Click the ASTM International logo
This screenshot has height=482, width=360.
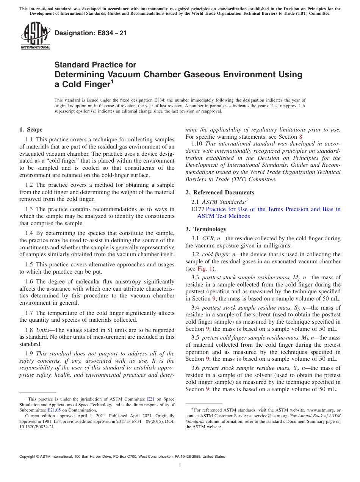coord(35,36)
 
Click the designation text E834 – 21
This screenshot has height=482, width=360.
coord(91,33)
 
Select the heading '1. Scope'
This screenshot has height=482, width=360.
coord(31,130)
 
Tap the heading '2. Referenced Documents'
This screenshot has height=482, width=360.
coord(220,192)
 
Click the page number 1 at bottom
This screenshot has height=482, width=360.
coord(180,466)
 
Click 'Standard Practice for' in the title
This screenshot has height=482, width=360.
coord(95,65)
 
